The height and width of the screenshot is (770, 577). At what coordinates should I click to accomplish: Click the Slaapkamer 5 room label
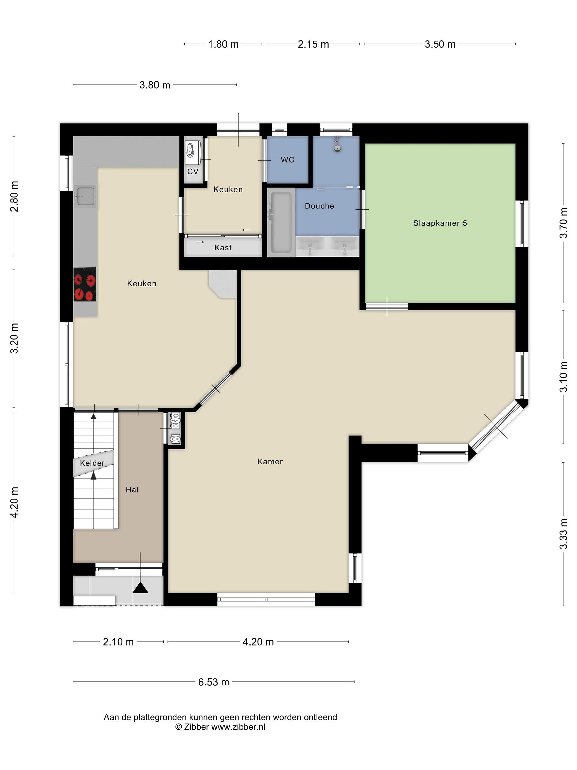click(440, 223)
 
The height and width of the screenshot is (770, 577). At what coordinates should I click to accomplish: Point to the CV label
click(193, 171)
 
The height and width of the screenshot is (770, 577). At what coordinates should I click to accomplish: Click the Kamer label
click(270, 461)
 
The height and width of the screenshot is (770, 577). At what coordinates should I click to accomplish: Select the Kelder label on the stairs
click(92, 463)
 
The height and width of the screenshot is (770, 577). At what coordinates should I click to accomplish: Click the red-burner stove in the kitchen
click(85, 284)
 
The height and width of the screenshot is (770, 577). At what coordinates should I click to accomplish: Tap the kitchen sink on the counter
click(85, 196)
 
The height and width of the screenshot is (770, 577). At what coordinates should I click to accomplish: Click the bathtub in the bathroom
click(281, 222)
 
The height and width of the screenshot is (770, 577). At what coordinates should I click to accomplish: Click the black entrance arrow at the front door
click(141, 588)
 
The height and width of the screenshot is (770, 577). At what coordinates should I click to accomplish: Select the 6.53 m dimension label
click(213, 682)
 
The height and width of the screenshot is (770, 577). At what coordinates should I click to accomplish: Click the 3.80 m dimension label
click(155, 85)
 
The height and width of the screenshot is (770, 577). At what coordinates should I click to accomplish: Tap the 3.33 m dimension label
click(563, 534)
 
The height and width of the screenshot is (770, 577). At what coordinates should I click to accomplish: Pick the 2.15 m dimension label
click(313, 44)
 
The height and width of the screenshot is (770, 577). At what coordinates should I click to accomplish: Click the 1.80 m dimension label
click(223, 44)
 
